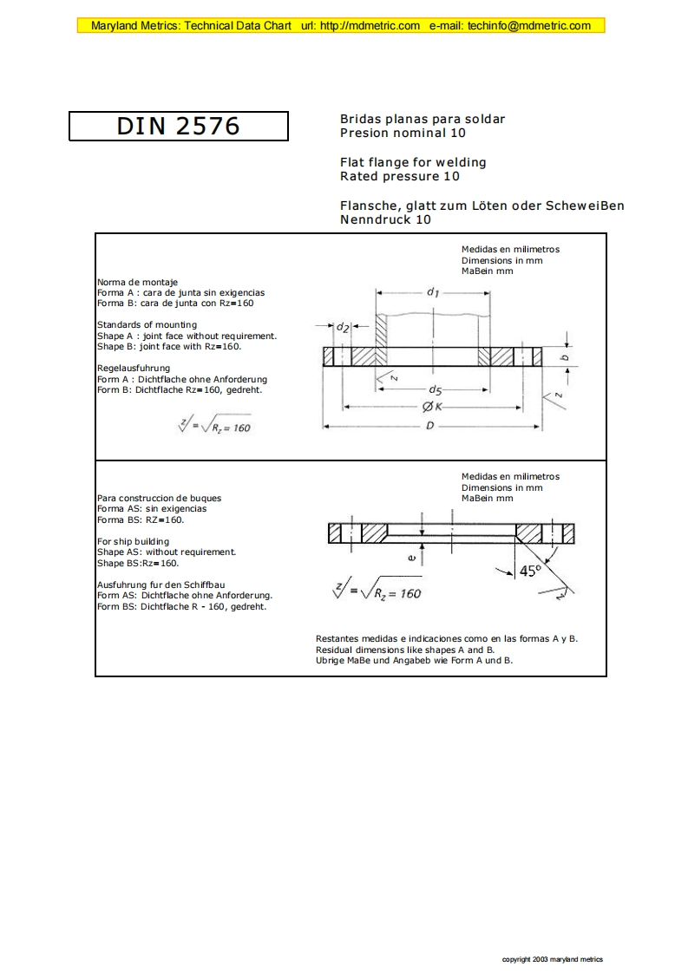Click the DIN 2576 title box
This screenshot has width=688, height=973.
(178, 126)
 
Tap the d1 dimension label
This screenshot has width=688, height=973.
(433, 292)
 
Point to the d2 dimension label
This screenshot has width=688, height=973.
(343, 327)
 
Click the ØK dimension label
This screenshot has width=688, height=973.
(433, 406)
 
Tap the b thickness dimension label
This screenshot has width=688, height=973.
(565, 356)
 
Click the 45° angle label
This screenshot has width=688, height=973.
(529, 571)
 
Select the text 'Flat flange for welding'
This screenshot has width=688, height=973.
(413, 162)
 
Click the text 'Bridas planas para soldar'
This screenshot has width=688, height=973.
(423, 119)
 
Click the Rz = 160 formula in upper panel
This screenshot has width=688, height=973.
(213, 427)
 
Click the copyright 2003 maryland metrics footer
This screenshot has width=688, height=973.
(553, 959)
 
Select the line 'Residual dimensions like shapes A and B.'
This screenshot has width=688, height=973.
(405, 650)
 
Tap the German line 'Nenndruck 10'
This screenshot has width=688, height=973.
(385, 220)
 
